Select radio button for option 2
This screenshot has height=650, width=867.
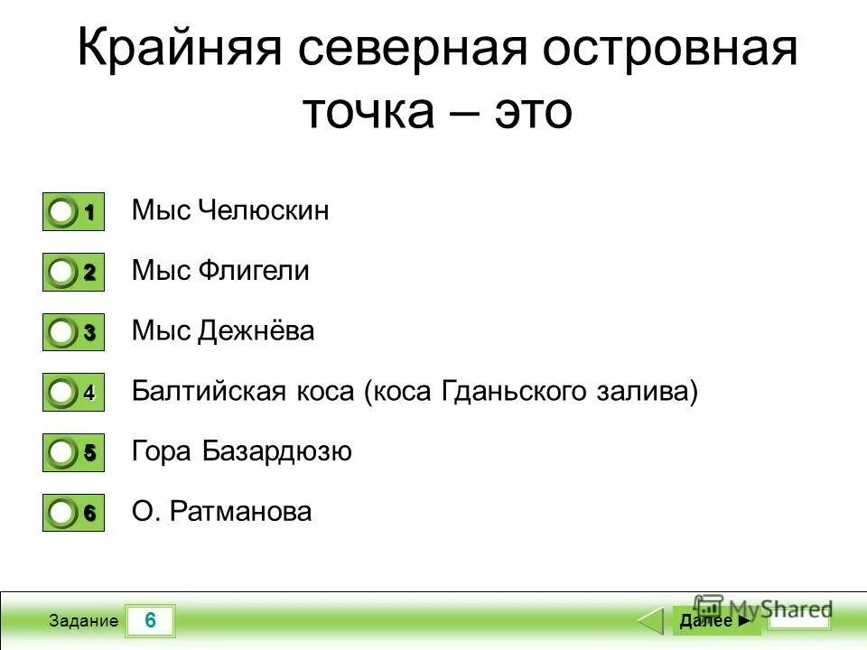[x=62, y=273]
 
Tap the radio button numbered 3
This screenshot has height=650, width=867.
[x=62, y=333]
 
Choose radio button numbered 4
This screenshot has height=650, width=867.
[x=62, y=394]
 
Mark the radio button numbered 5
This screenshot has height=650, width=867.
[x=62, y=454]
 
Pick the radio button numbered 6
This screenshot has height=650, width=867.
[x=62, y=514]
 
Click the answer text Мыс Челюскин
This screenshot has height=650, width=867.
[x=230, y=211]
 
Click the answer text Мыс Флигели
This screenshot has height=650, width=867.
[x=220, y=271]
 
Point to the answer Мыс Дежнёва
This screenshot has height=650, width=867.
[x=223, y=331]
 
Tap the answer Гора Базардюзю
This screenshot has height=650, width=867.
[x=241, y=451]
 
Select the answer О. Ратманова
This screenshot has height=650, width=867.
[x=221, y=512]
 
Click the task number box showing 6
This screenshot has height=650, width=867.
[x=150, y=620]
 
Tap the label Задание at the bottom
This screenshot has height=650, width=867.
[x=83, y=621]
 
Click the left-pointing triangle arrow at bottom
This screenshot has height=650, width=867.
[x=651, y=621]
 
